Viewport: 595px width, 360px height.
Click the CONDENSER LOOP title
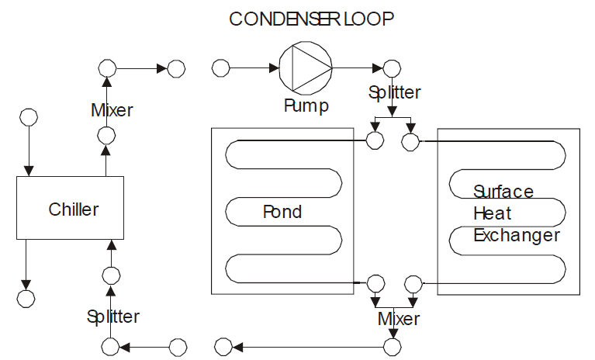tap(311, 19)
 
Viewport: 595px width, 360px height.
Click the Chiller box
tap(70, 207)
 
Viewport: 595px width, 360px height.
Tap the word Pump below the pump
tap(305, 105)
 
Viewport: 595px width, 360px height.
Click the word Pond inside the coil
tap(282, 212)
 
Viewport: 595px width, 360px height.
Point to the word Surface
tap(503, 192)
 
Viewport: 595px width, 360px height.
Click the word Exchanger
tap(516, 234)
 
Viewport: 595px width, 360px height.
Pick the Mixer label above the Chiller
tap(112, 110)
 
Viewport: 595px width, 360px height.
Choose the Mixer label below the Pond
tap(399, 319)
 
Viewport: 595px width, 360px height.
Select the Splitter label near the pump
tap(394, 92)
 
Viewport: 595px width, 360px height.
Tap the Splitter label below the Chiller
tap(113, 317)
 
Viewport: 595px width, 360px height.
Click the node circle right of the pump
tap(393, 68)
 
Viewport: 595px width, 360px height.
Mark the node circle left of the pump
tap(221, 68)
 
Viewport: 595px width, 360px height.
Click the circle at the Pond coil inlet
tap(375, 140)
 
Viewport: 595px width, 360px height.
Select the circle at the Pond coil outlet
tap(375, 282)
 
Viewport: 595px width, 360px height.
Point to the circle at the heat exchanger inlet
tap(410, 141)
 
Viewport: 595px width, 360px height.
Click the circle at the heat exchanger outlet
tap(413, 282)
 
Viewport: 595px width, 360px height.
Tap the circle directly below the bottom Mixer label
tap(394, 345)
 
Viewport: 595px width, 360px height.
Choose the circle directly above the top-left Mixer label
tap(107, 68)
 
